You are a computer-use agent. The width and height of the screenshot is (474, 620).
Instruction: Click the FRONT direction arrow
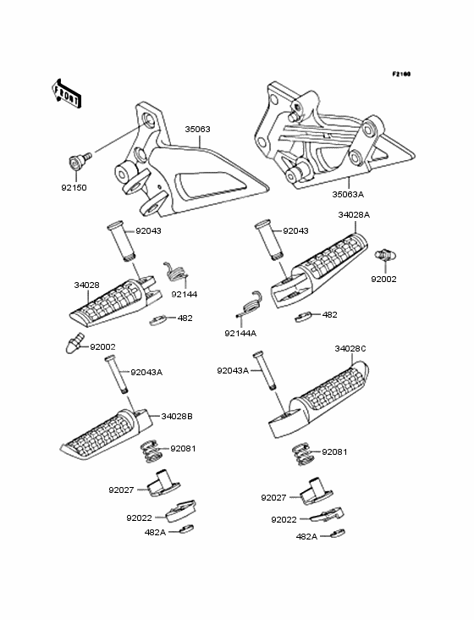[x=66, y=93]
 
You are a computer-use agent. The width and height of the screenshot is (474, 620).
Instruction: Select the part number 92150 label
[x=74, y=187]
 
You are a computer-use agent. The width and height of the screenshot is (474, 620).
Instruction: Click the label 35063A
[x=348, y=194]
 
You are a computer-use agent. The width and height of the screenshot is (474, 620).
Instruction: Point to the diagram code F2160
[x=401, y=74]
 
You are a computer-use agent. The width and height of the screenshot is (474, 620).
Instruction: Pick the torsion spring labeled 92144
[x=175, y=272]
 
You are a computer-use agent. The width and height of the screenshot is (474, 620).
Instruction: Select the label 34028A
[x=354, y=214]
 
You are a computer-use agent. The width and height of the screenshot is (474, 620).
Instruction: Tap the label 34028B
[x=177, y=416]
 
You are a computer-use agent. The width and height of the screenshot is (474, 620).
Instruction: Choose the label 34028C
[x=350, y=348]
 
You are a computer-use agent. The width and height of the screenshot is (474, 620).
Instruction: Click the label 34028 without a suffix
[x=87, y=285]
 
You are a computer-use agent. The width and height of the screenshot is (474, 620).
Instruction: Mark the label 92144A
[x=240, y=334]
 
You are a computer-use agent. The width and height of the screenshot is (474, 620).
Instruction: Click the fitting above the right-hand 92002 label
[x=385, y=255]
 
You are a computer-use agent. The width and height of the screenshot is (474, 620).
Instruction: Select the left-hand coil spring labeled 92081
[x=151, y=451]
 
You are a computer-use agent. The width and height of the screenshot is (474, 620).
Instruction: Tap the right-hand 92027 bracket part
[x=316, y=490]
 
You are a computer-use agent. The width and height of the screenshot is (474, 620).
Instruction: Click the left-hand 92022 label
[x=139, y=518]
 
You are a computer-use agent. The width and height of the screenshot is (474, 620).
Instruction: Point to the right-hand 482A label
[x=307, y=536]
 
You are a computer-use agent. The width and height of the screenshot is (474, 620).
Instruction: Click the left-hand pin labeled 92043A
[x=116, y=375]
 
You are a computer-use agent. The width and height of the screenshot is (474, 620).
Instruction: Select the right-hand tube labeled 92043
[x=269, y=241]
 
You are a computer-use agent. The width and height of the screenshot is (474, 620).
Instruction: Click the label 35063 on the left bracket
[x=197, y=130]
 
